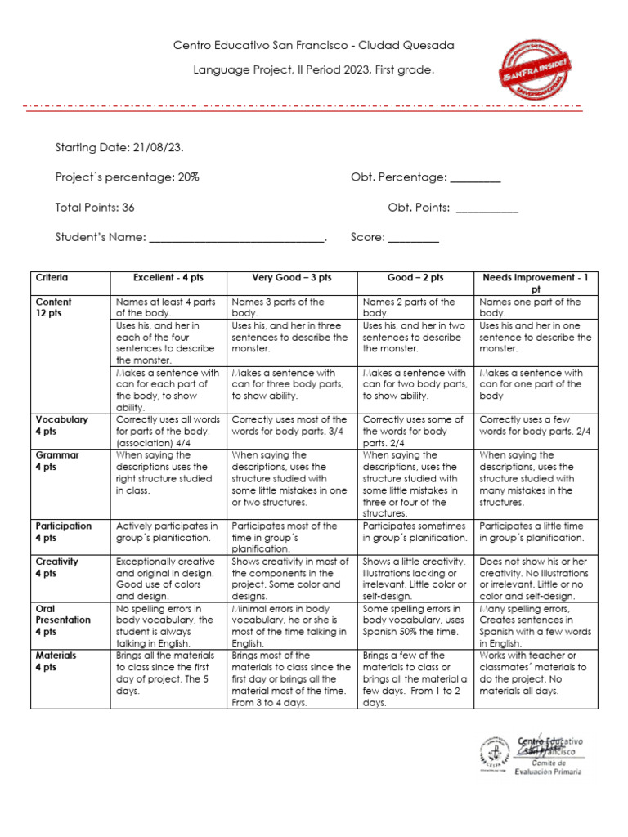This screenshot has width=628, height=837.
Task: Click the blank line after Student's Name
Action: point(237,239)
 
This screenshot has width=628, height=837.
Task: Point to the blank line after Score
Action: point(414,239)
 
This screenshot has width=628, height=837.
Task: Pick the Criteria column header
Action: point(52,279)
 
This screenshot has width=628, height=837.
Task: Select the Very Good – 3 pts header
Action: point(292,279)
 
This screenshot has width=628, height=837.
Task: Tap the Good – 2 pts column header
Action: point(415,279)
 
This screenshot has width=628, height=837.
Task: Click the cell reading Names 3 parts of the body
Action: point(279,307)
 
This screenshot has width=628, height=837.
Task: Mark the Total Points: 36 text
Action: point(95,208)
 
